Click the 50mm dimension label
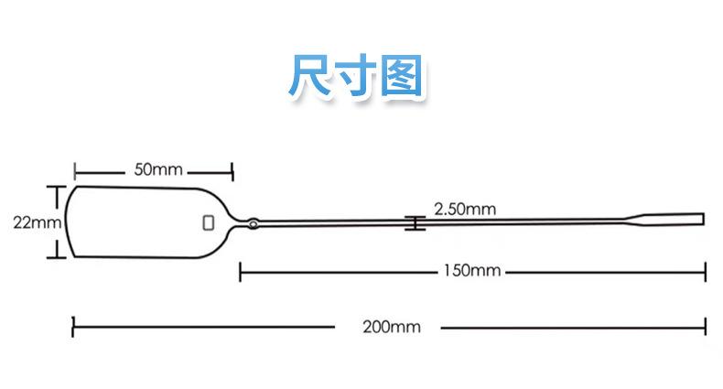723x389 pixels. click(158, 169)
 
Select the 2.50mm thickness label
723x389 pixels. click(465, 209)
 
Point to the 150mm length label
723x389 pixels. click(472, 270)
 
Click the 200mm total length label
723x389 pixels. click(388, 326)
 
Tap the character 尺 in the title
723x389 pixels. click(310, 78)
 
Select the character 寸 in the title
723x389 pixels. click(356, 78)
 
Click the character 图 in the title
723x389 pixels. click(401, 78)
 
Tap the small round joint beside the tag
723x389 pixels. click(254, 222)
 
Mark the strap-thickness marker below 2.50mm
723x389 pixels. click(415, 222)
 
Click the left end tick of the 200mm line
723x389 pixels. click(73, 326)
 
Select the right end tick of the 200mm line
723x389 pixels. click(706, 326)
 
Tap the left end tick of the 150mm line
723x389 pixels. click(240, 271)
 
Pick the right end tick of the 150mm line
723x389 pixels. click(706, 271)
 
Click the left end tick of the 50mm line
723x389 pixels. click(75, 170)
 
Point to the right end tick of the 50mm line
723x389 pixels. click(232, 170)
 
